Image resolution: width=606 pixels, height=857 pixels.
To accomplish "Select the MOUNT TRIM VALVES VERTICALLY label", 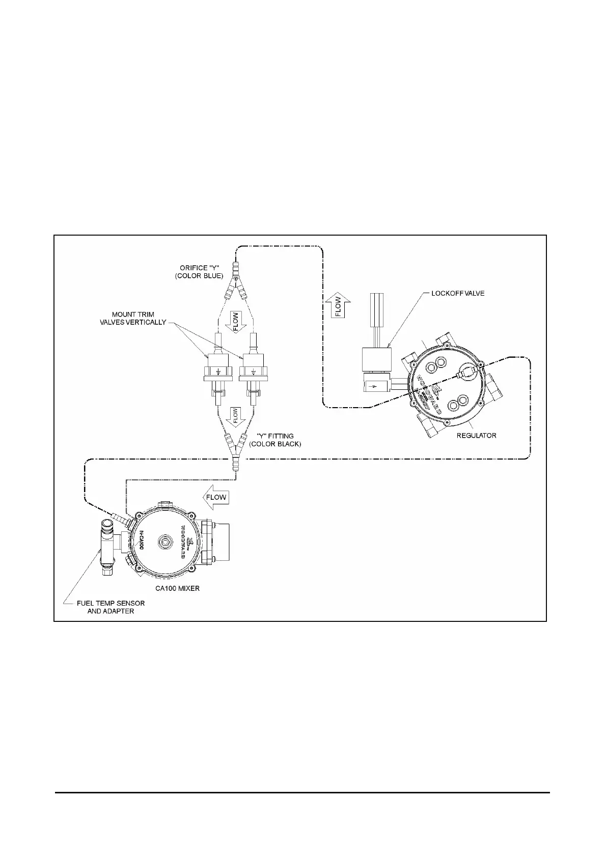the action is click(133, 318).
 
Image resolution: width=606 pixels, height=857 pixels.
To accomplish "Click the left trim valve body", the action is click(218, 366).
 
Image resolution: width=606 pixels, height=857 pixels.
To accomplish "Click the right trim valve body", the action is click(253, 366).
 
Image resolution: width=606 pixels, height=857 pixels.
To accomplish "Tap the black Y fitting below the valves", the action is click(236, 446).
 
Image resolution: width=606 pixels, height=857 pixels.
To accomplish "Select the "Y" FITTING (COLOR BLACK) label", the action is click(275, 440).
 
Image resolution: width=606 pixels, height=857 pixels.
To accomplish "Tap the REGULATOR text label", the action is click(477, 435).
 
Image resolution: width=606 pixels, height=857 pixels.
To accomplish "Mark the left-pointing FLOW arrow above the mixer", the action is click(215, 497).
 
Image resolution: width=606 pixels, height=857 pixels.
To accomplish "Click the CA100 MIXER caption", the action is click(177, 588).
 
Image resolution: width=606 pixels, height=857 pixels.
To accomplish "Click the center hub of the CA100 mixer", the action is click(164, 542).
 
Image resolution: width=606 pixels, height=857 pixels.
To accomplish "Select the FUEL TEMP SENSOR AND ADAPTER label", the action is click(111, 607).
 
